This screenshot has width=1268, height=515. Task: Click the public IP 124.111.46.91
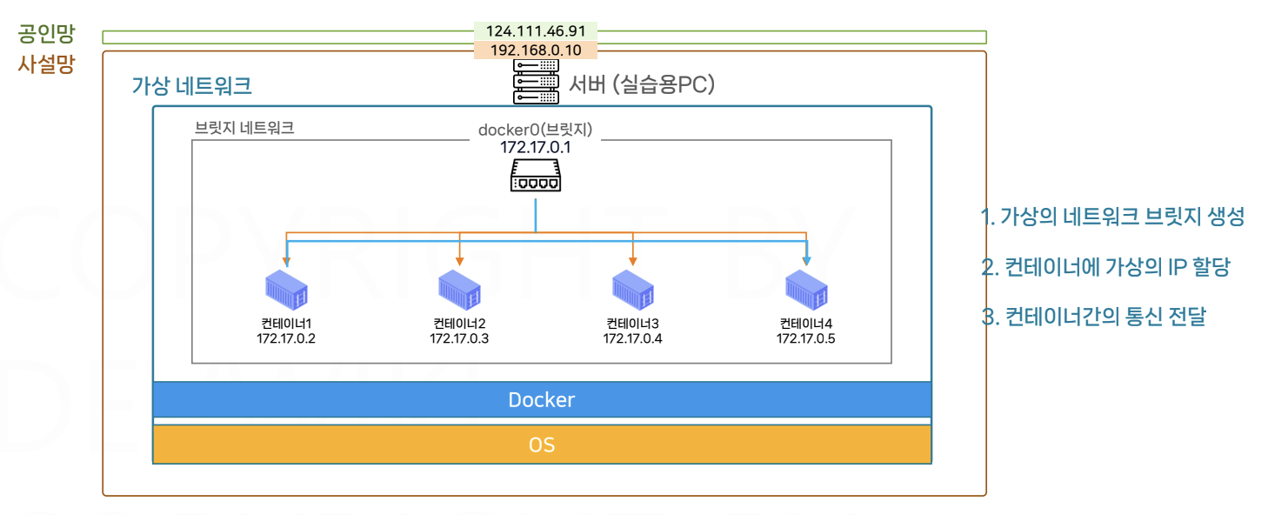[x=535, y=30]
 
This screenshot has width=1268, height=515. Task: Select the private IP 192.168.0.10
[x=535, y=50]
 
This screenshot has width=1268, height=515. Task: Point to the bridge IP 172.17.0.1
[x=535, y=147]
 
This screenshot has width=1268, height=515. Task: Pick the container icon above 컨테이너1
[x=286, y=289]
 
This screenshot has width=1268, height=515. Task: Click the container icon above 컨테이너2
[x=459, y=289]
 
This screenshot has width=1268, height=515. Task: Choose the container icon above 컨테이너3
[x=632, y=289]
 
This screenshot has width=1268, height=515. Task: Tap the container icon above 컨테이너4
[x=806, y=289]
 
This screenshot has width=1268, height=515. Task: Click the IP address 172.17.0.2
[x=285, y=338]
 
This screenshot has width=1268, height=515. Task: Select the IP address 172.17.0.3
[x=459, y=338]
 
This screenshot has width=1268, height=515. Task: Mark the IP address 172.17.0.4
[x=632, y=338]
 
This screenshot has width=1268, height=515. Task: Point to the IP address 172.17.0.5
[x=806, y=338]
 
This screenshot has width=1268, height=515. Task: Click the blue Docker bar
[x=541, y=400]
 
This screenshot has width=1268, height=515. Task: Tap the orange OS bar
[x=541, y=445]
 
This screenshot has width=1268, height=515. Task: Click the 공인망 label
[x=46, y=35]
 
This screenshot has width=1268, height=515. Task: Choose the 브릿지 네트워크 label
[x=244, y=128]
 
